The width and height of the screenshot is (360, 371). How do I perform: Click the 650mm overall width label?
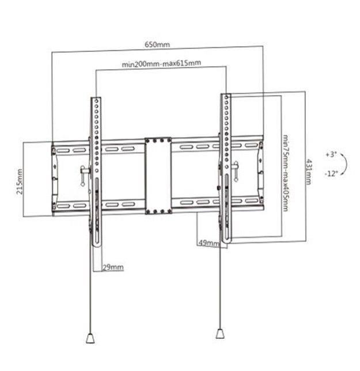157,44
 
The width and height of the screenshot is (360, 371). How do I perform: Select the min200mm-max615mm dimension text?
162,64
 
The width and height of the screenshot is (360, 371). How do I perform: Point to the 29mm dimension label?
112,267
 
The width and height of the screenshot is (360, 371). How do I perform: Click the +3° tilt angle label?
330,155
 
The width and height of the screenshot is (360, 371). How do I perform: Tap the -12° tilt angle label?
331,173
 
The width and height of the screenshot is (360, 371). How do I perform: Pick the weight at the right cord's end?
219,334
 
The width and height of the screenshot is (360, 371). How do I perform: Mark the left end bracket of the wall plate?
54,179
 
